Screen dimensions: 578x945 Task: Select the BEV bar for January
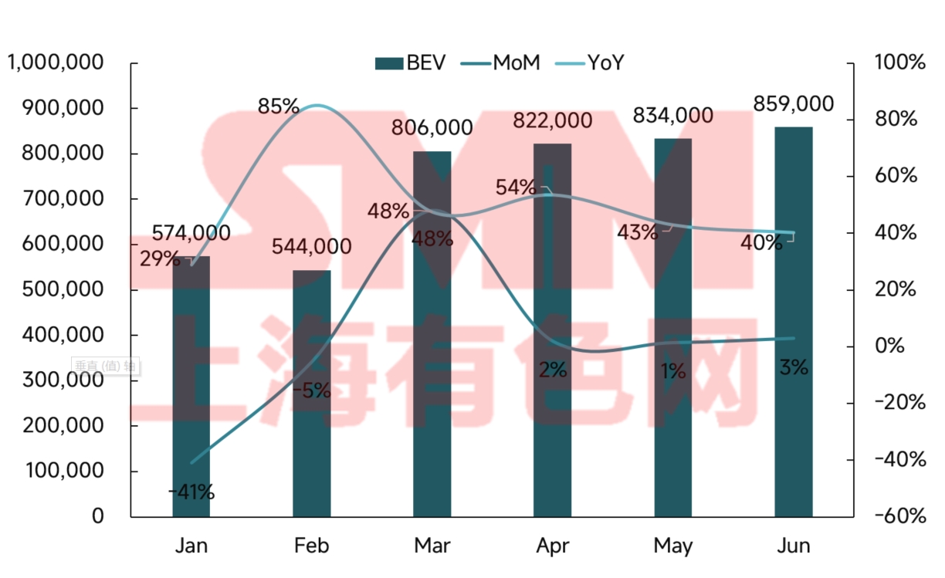click(x=191, y=386)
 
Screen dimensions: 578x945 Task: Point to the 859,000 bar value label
click(x=794, y=104)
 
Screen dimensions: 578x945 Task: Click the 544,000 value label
click(x=311, y=247)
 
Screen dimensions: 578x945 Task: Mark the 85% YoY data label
click(x=278, y=106)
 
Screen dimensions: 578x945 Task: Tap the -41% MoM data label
click(x=191, y=491)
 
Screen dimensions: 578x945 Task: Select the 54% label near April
click(x=516, y=188)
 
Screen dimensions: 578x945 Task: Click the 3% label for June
click(x=794, y=368)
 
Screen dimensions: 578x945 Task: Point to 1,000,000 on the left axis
click(x=56, y=63)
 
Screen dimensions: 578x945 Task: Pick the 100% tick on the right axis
click(x=899, y=63)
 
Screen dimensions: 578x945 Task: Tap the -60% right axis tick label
click(x=899, y=516)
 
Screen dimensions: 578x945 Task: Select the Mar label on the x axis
click(x=432, y=546)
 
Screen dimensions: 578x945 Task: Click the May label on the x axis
click(x=672, y=546)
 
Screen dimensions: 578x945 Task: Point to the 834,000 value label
click(x=672, y=117)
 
